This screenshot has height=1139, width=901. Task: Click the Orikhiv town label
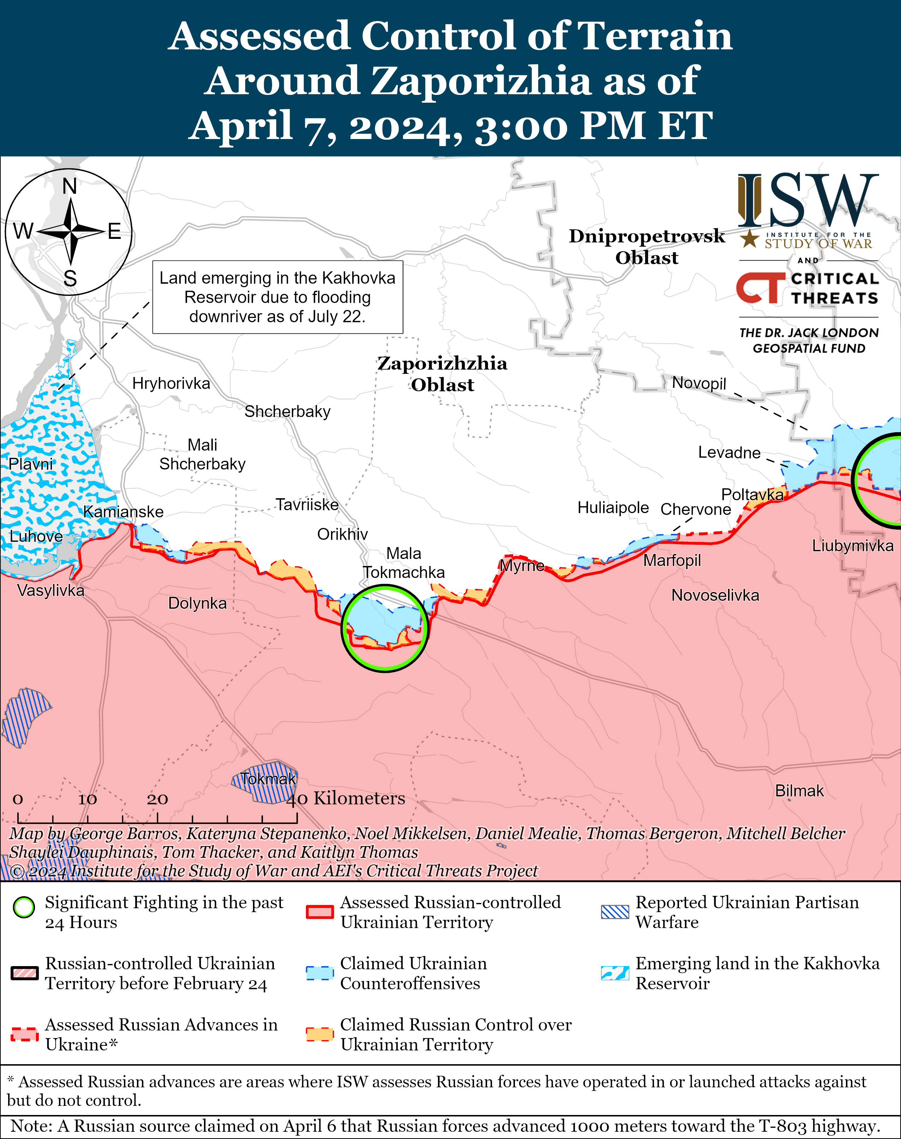click(342, 534)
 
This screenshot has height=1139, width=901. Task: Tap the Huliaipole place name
click(613, 507)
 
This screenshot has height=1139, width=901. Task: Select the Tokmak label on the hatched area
click(268, 779)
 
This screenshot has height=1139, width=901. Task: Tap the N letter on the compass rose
click(70, 187)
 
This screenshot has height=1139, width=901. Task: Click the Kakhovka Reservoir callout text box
click(277, 297)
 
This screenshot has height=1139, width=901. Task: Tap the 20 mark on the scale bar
click(157, 800)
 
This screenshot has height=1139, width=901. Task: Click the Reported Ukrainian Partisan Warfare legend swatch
click(614, 912)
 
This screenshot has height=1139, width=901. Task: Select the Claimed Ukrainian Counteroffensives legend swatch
click(320, 973)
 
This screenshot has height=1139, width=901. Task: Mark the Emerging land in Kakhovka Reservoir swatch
click(614, 973)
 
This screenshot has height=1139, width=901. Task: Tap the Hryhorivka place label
click(171, 383)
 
